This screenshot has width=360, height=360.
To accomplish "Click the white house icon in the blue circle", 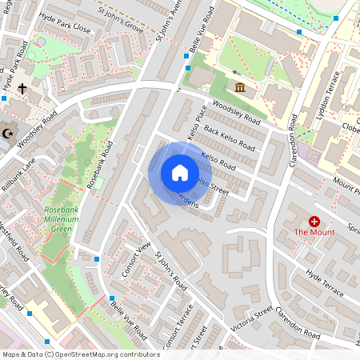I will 180,172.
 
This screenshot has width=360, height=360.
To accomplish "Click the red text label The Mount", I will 314,232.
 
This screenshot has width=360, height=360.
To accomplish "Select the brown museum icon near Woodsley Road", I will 240,88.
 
